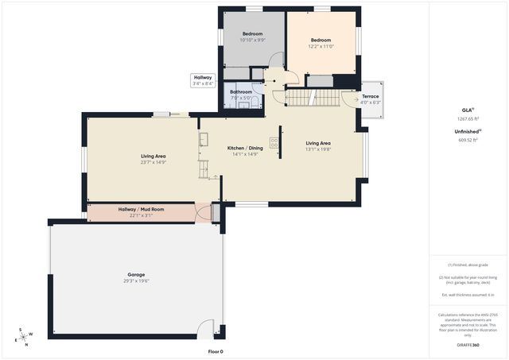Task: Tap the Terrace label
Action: [371, 96]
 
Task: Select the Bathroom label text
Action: [241, 91]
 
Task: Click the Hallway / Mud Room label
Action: [141, 209]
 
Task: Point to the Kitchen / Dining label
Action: [245, 149]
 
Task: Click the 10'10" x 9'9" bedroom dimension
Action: [252, 39]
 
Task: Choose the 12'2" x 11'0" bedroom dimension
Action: [321, 46]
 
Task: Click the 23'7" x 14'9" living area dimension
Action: [153, 162]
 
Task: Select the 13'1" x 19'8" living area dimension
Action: [318, 149]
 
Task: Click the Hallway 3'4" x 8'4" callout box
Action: [203, 80]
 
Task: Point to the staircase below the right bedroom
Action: [313, 97]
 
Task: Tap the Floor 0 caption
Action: [216, 351]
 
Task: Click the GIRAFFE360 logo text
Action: [469, 345]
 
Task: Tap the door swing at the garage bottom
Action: [207, 328]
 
